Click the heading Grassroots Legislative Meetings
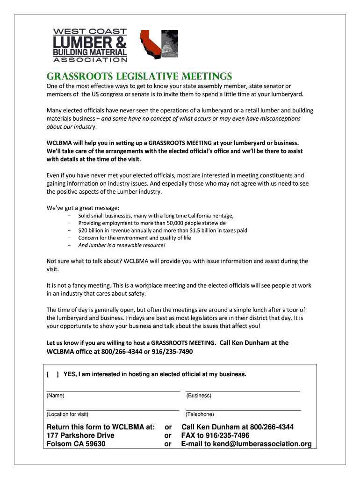point(139,76)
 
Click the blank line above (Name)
point(113,390)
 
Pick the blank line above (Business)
point(242,390)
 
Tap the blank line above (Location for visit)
point(113,409)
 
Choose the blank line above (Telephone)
point(242,409)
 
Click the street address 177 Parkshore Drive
point(80,435)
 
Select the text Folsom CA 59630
point(76,444)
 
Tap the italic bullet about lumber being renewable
point(122,245)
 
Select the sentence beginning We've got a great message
point(83,207)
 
